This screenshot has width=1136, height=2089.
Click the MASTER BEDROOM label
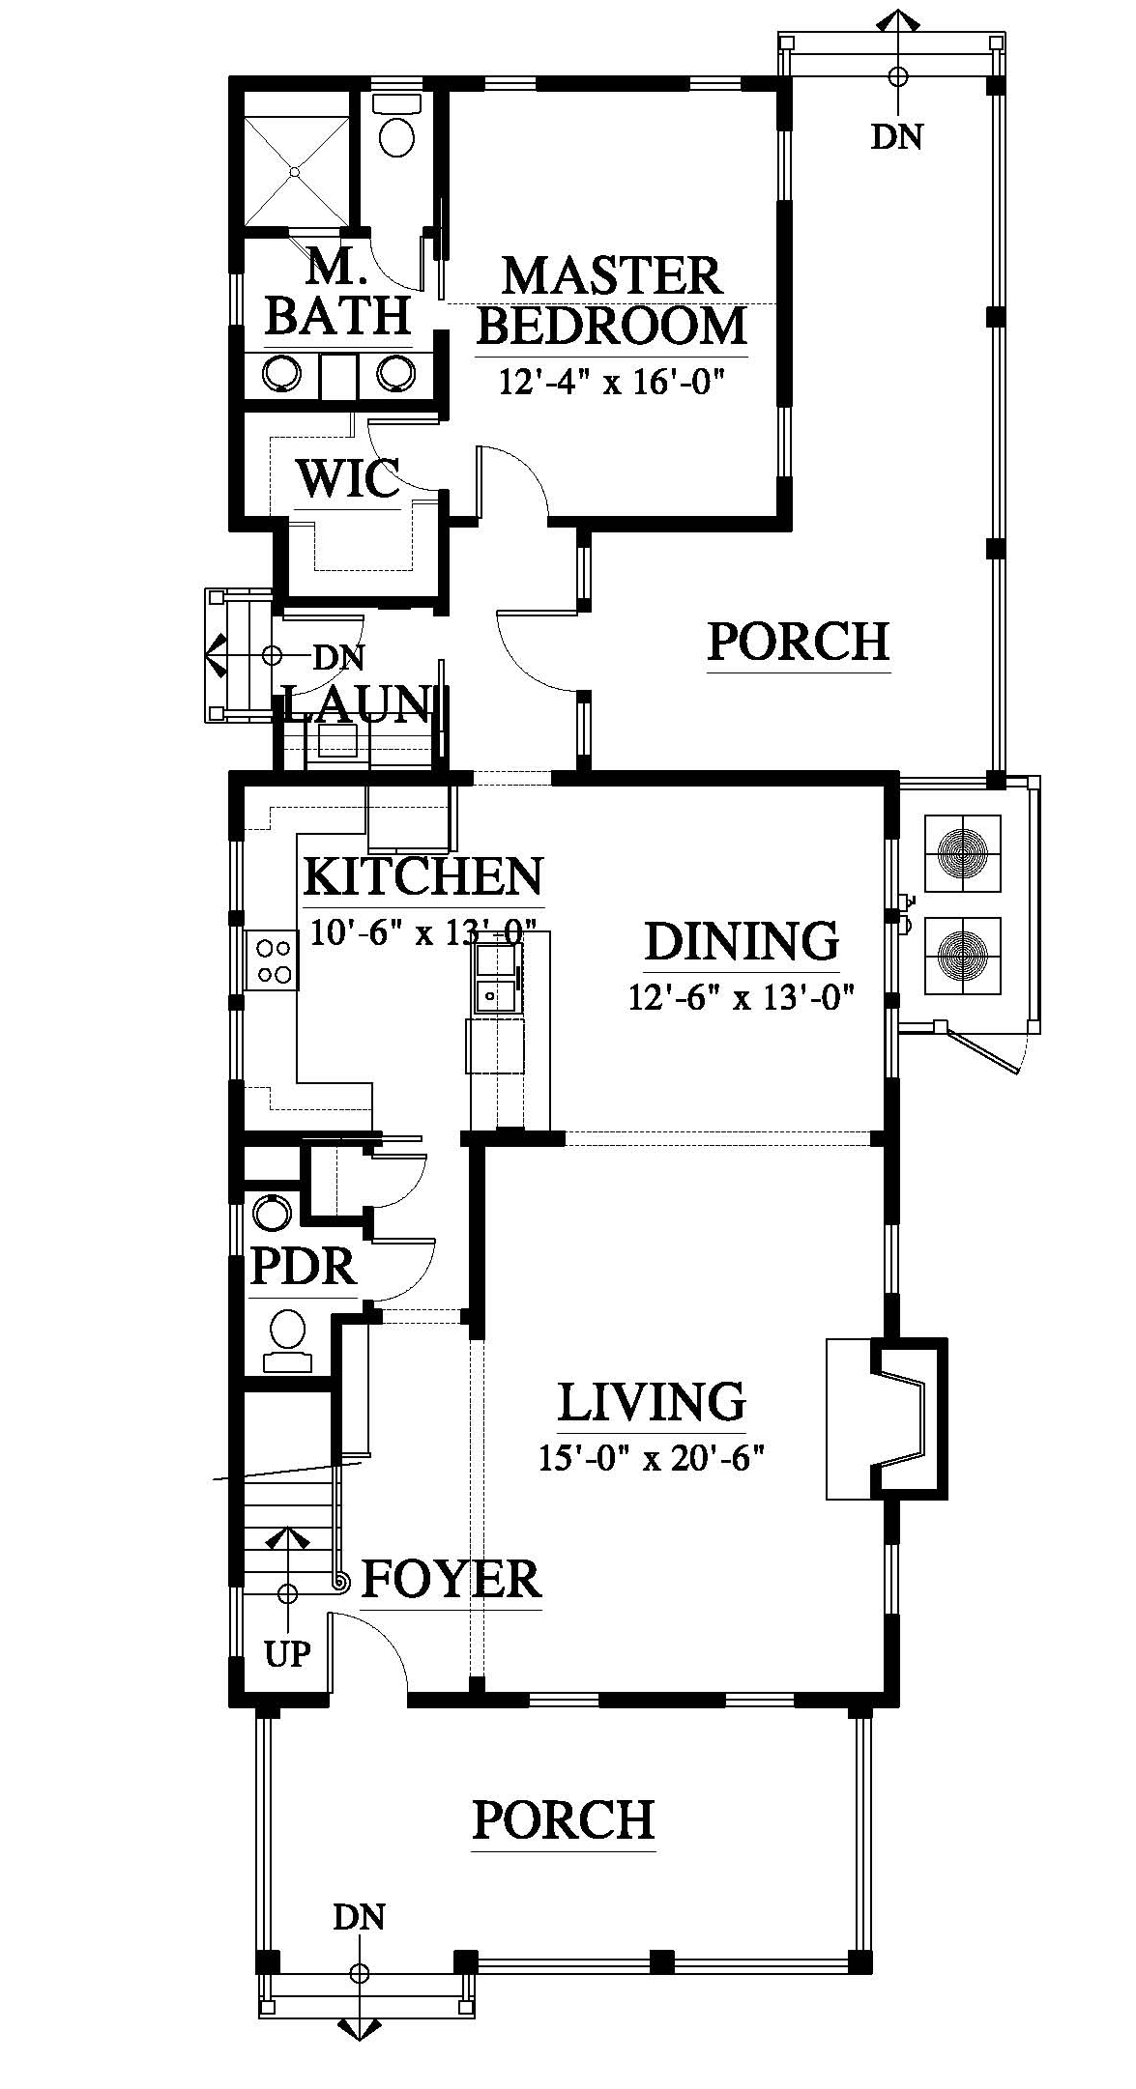(612, 300)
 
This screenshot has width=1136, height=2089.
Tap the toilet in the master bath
(396, 125)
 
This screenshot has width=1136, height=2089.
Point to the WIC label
(348, 477)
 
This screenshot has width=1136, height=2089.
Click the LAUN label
(356, 703)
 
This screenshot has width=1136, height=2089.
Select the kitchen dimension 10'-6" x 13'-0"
(423, 931)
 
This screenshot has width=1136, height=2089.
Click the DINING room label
(742, 940)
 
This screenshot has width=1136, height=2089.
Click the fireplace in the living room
(887, 1418)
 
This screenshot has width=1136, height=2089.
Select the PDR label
(304, 1265)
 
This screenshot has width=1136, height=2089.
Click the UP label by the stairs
(288, 1654)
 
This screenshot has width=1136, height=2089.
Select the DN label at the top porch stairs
(897, 137)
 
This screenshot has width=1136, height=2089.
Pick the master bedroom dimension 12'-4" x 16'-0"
(612, 382)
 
